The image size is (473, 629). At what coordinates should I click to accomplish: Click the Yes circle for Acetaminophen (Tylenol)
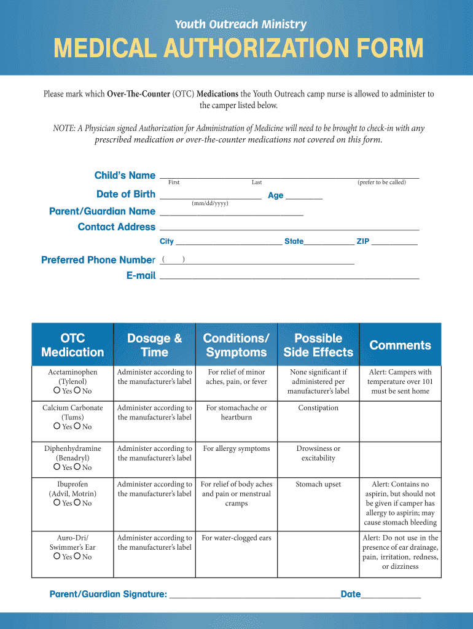(x=57, y=391)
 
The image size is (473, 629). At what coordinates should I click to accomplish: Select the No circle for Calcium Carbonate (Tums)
(x=77, y=426)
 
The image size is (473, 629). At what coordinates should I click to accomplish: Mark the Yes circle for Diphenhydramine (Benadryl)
(x=57, y=467)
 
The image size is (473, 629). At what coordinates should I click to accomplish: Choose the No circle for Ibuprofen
(x=77, y=502)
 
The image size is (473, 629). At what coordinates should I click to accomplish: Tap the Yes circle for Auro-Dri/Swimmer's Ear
(x=57, y=556)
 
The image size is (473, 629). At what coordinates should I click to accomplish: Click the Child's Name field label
(x=125, y=176)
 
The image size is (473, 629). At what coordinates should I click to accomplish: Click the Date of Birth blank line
(x=210, y=197)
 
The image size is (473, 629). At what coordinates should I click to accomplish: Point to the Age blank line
(x=304, y=197)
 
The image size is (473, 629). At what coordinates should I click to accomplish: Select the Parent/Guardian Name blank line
(x=231, y=213)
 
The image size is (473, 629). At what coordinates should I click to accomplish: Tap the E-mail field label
(x=141, y=276)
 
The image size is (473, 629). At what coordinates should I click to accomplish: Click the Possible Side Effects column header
(x=318, y=345)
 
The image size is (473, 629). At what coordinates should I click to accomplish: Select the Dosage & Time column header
(x=154, y=345)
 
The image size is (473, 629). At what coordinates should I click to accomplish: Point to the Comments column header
(x=400, y=345)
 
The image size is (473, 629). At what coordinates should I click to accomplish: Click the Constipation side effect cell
(x=318, y=408)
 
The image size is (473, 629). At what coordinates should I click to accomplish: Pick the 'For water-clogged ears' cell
(x=237, y=538)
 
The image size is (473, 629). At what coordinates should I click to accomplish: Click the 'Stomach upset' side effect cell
(x=318, y=485)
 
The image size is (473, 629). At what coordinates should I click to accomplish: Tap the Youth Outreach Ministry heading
(x=240, y=25)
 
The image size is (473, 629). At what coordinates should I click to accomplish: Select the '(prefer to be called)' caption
(x=381, y=182)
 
